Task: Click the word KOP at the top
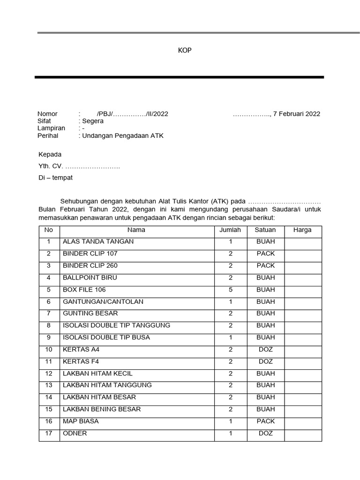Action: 185,51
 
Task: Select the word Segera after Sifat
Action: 93,121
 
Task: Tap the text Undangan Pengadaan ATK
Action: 123,136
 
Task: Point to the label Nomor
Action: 47,114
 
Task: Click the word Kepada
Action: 50,154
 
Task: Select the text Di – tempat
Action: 55,178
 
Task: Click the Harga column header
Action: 302,230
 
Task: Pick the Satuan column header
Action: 265,230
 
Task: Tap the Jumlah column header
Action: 230,230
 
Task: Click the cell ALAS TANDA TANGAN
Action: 98,242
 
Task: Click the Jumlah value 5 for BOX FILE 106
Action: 230,290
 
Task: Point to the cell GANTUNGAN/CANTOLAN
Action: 103,302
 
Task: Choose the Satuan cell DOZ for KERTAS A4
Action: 265,350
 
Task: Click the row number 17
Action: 48,434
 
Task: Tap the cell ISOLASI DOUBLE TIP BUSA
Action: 106,337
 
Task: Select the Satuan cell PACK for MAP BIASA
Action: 265,421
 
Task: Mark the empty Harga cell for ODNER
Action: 302,434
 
